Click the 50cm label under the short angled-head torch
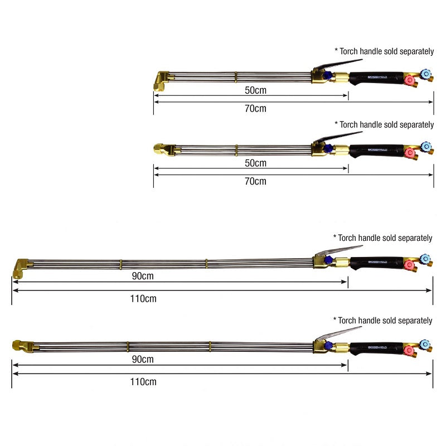click(255, 89)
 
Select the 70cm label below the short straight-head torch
click(255, 181)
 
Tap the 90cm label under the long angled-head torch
click(143, 276)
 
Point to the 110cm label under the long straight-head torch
click(143, 382)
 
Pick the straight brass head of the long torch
click(21, 346)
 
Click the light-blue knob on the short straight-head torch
click(426, 146)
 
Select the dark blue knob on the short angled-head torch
click(328, 76)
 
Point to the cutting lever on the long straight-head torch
click(337, 333)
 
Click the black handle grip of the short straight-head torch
click(376, 149)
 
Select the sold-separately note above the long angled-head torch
click(382, 238)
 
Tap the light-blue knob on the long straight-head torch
click(426, 343)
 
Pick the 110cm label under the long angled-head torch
click(143, 298)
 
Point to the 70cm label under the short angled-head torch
click(255, 108)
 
